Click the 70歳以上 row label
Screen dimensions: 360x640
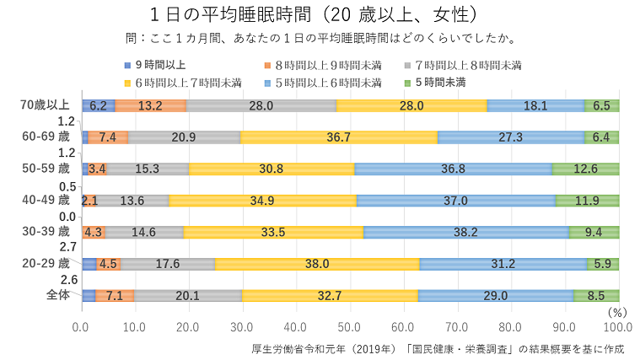[45, 105]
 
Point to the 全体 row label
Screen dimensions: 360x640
[56, 295]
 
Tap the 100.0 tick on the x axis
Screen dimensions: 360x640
[618, 326]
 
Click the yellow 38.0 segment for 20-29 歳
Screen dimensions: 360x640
[317, 264]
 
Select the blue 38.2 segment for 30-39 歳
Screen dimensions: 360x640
[466, 232]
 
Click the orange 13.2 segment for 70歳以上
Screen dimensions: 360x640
[150, 105]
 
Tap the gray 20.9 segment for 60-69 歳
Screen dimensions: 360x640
[185, 137]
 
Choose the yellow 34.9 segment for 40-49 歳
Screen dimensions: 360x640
[263, 201]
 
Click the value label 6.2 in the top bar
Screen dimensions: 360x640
[98, 105]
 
